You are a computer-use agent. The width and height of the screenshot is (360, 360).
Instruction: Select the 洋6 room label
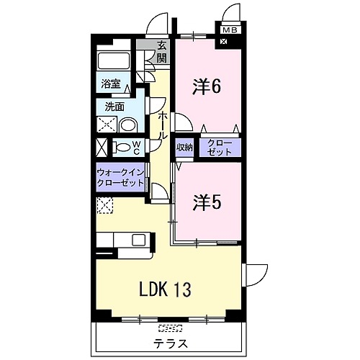tap(205, 87)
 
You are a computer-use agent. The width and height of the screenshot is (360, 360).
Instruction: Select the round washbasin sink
tap(128, 125)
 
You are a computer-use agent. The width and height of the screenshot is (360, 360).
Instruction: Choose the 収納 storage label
tap(184, 148)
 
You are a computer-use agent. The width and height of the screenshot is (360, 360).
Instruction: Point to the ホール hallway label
tap(163, 125)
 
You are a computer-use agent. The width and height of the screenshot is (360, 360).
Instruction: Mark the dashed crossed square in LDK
tap(104, 207)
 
